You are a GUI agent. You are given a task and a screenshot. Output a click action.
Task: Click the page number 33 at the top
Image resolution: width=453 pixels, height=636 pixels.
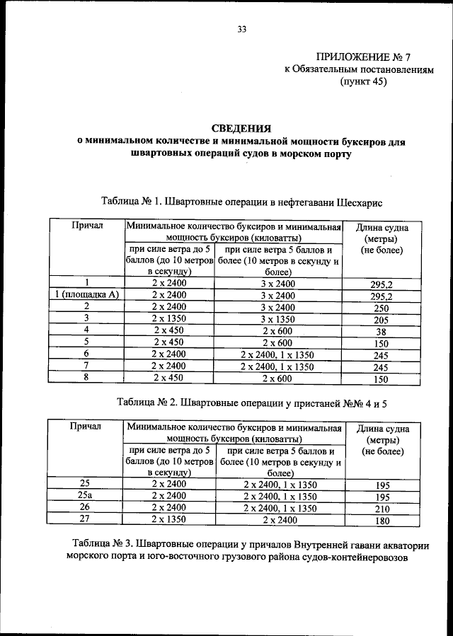point(241,29)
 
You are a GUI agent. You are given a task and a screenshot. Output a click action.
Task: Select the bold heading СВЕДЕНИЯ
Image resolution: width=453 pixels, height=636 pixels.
point(242,128)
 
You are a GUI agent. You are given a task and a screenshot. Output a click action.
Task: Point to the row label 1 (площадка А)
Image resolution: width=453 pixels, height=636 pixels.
point(86,295)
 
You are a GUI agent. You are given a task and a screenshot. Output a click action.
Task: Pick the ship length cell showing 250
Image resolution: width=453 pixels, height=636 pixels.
point(382,309)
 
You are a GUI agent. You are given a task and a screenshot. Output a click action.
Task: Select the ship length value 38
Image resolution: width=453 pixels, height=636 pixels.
point(382,333)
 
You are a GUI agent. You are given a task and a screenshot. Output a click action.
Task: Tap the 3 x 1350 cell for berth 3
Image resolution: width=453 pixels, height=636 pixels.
point(277,318)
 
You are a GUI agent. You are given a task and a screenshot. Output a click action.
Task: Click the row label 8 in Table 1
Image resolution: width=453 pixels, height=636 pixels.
point(86,376)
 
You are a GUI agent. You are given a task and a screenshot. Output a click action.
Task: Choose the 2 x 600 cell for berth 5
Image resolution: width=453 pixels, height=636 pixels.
point(277,342)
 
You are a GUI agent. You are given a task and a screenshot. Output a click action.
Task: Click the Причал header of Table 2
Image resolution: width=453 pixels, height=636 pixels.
point(86,427)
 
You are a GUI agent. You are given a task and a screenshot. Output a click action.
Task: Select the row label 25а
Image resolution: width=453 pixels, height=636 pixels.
point(86,496)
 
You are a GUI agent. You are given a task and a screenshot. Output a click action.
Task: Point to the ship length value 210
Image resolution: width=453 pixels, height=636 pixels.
point(382,509)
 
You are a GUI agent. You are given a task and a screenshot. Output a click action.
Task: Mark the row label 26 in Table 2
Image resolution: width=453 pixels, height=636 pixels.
point(86,507)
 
